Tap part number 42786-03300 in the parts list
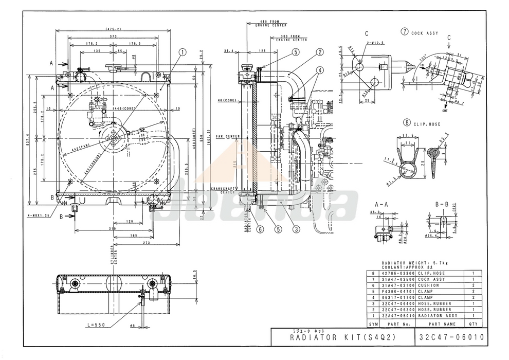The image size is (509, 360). [397, 273]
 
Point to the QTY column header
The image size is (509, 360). [472, 324]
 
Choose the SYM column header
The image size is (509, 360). [373, 324]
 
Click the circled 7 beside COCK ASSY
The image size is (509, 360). [405, 32]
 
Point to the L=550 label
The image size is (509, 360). [98, 325]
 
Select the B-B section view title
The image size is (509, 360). [443, 204]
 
